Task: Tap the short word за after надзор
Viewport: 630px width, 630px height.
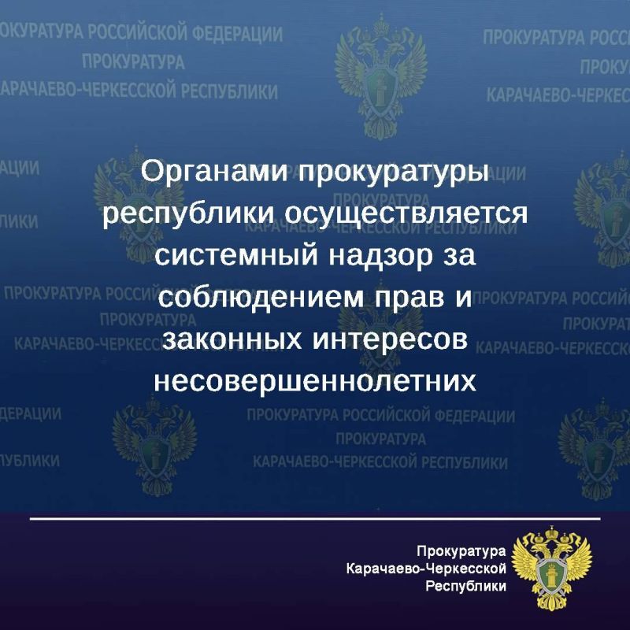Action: [460, 256]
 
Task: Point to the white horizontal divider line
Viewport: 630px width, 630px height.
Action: [315, 519]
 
